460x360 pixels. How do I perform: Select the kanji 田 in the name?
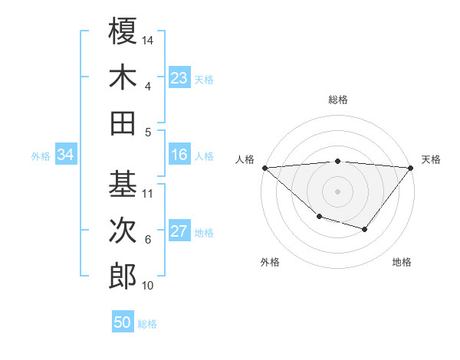[123, 123]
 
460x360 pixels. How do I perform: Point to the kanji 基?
[123, 184]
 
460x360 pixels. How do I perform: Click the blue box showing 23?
[179, 78]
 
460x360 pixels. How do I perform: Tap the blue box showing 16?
[179, 155]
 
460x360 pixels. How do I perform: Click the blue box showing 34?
[66, 155]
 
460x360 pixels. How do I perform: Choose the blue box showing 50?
[123, 322]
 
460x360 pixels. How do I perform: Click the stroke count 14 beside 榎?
[148, 39]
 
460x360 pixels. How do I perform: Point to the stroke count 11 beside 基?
[148, 193]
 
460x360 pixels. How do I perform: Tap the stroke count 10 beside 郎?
[148, 286]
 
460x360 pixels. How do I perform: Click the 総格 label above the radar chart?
[338, 100]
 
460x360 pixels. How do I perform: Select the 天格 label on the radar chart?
[432, 159]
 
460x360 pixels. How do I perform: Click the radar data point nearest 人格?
[264, 167]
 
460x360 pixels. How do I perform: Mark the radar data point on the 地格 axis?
[365, 229]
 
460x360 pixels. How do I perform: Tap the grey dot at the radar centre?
[337, 191]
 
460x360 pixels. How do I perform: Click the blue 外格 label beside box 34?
[41, 155]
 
